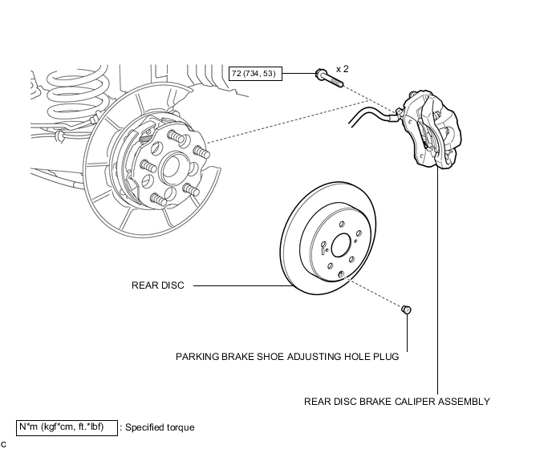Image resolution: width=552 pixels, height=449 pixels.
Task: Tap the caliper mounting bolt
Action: (329, 79)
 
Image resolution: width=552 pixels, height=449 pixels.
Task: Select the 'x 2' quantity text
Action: (342, 69)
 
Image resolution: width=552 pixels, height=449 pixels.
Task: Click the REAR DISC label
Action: (158, 285)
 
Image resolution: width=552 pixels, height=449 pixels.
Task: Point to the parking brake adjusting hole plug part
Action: (406, 309)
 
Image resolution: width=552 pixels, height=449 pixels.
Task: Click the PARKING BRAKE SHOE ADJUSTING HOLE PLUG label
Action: (287, 357)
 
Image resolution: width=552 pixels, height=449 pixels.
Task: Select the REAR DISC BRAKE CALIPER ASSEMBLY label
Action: (396, 402)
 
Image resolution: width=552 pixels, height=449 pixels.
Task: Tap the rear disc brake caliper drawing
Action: (432, 130)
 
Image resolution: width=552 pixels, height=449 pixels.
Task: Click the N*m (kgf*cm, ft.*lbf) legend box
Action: (67, 427)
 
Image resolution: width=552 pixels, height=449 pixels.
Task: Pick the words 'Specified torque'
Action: (160, 427)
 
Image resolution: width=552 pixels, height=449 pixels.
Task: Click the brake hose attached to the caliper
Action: (373, 115)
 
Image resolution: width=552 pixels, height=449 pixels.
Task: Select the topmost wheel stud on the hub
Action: (176, 136)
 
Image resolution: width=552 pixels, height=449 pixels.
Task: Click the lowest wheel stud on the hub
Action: (158, 200)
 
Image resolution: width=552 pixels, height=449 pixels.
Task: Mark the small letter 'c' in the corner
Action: (3, 444)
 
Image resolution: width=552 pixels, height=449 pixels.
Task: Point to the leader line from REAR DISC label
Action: (243, 285)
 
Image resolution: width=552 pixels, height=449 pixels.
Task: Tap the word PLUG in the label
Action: (387, 357)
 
